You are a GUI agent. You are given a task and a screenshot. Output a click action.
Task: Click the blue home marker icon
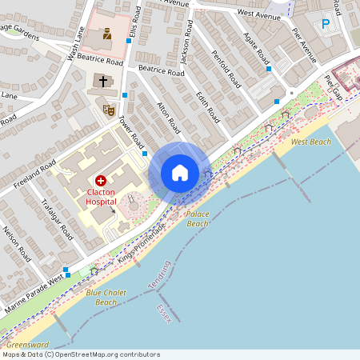pos(179,173)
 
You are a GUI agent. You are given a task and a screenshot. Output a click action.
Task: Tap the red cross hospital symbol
pos(101,181)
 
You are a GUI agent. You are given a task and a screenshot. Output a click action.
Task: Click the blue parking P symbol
pos(326,25)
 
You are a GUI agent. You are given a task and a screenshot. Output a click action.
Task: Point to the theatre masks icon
pos(109,108)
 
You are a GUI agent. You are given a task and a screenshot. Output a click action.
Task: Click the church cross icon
pos(102,81)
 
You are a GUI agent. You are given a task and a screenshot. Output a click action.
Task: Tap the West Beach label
pos(310,142)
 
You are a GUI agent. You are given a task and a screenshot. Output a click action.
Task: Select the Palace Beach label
pos(198,219)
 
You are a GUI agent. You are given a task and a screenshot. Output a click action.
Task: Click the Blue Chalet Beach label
pos(106,298)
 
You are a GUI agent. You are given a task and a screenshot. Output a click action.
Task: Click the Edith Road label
pos(208,106)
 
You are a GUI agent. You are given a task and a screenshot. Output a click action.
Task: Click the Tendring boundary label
pos(161,275)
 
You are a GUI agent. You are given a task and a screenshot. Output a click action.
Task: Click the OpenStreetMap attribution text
pos(81,354)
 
